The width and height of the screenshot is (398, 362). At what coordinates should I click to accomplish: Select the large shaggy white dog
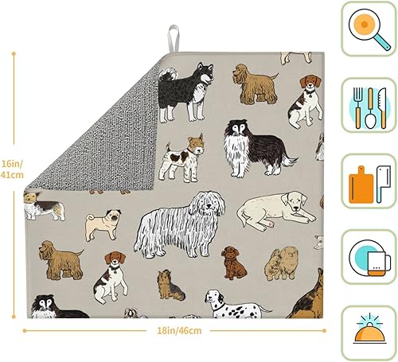(x=175, y=223)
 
